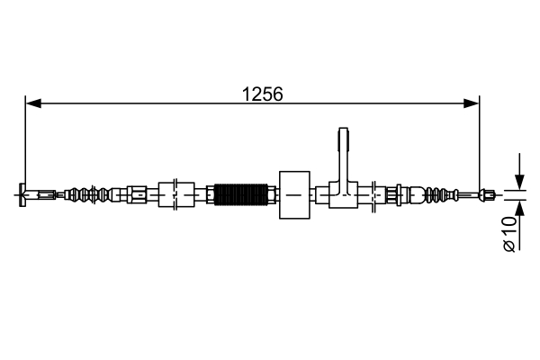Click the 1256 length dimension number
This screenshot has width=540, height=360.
[x=263, y=93]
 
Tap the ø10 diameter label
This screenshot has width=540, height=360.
[x=509, y=233]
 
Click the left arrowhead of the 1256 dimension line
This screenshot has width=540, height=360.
[x=32, y=103]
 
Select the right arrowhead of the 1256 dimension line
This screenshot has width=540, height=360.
[x=472, y=103]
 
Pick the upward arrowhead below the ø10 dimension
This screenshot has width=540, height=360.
[x=518, y=206]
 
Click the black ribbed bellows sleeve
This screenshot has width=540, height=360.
[x=242, y=193]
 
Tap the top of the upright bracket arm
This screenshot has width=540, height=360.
[x=344, y=137]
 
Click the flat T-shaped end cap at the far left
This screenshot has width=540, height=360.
[x=22, y=193]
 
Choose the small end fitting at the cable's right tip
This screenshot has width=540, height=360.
[x=489, y=193]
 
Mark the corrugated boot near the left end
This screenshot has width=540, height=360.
[x=88, y=193]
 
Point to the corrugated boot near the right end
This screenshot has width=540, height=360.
[x=438, y=193]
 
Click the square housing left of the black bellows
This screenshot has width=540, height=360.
[x=176, y=193]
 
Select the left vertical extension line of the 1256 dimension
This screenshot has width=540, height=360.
[x=26, y=144]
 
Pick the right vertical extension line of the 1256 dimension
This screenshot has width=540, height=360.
[x=480, y=144]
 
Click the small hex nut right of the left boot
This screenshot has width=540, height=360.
[x=137, y=193]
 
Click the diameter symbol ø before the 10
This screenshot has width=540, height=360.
[x=509, y=244]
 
